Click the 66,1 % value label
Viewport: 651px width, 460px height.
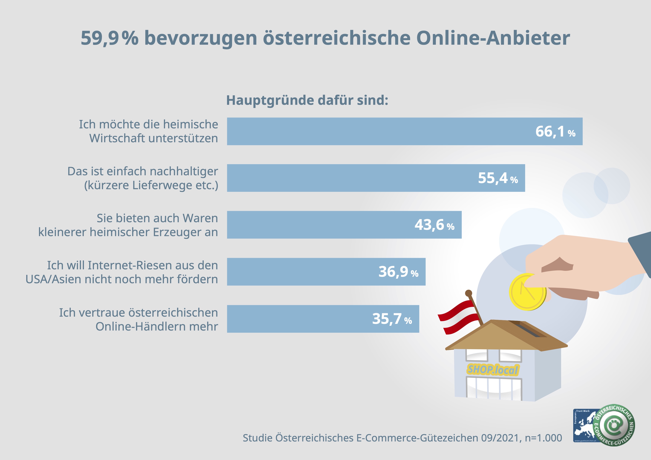pyautogui.click(x=555, y=132)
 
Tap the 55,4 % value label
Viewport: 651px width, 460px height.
pyautogui.click(x=498, y=178)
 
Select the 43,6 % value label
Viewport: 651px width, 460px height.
pyautogui.click(x=434, y=225)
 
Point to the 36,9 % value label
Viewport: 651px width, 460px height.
pyautogui.click(x=398, y=272)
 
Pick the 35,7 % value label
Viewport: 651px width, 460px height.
pyautogui.click(x=392, y=319)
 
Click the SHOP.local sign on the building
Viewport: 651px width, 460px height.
pyautogui.click(x=493, y=370)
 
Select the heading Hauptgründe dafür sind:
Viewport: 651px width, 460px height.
pyautogui.click(x=307, y=100)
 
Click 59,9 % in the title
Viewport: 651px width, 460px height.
pyautogui.click(x=110, y=38)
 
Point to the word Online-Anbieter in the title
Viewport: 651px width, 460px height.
pyautogui.click(x=493, y=38)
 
